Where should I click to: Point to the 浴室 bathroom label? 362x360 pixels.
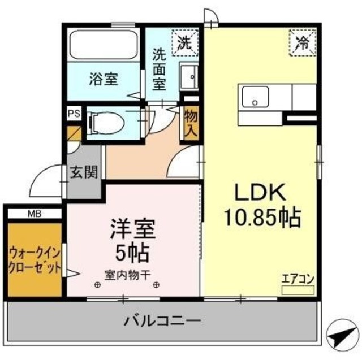tap(103, 80)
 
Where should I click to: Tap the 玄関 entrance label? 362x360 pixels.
tap(84, 172)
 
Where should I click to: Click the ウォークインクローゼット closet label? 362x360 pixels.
tap(35, 261)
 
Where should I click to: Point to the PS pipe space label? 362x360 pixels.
tap(74, 112)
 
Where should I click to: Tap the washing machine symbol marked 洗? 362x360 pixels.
tap(186, 42)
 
